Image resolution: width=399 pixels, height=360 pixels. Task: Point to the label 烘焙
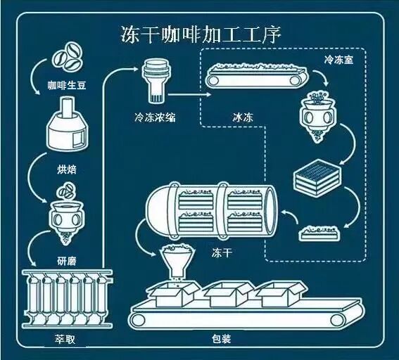pyautogui.click(x=66, y=169)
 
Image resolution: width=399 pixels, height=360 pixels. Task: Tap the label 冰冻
pyautogui.click(x=243, y=117)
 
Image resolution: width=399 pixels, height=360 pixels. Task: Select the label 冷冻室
pyautogui.click(x=338, y=60)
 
